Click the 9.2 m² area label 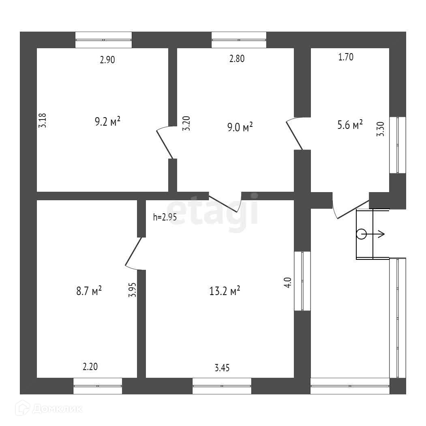point(107,122)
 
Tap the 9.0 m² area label point(240,128)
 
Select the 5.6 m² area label point(350,125)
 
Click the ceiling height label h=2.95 point(165,217)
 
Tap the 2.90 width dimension point(108,60)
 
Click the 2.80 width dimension point(237,59)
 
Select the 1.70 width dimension point(346,57)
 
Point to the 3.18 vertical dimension point(44,120)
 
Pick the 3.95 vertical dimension point(132,290)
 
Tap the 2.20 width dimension point(90,367)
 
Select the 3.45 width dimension point(223,368)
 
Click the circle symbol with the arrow point(361,234)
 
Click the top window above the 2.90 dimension point(103,40)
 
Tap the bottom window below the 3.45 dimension point(222,386)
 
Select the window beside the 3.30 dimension point(398,145)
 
